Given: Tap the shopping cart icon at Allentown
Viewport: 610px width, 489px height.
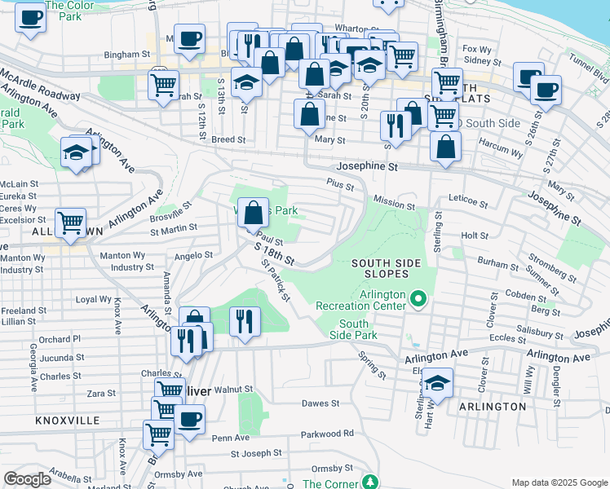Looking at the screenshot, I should point(71,222).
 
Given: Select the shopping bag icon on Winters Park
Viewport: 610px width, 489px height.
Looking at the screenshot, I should point(253,213).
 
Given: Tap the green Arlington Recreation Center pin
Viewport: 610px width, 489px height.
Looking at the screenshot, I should point(418,299).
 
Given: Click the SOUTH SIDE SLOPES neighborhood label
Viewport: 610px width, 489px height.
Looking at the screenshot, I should point(386,268).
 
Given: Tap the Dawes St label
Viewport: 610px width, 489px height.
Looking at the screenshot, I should point(320,403).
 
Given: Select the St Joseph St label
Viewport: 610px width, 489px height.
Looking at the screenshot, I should point(255,452).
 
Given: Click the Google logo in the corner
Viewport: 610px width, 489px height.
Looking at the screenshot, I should point(27,479).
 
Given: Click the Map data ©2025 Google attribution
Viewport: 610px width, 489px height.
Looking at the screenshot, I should point(559,482).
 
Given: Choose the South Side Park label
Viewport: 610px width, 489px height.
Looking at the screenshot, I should point(358,329).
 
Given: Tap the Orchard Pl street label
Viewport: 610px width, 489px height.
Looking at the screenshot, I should point(60,339).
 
